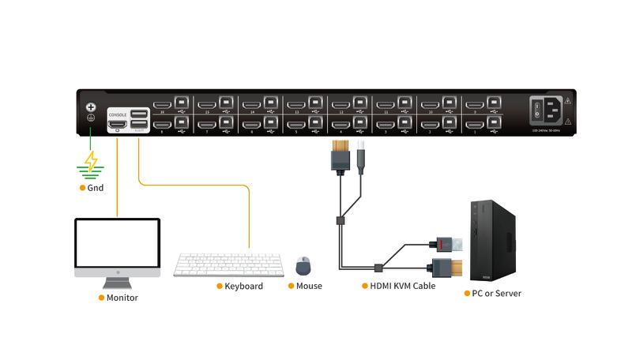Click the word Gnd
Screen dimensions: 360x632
point(96,188)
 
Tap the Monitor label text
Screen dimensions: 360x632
point(122,298)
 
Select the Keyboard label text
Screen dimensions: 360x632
point(243,286)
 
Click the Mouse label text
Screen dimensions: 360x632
point(309,286)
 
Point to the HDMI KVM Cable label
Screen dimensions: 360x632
point(403,286)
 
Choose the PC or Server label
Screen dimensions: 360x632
point(496,293)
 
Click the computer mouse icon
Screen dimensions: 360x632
point(303,265)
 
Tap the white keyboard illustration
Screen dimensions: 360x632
point(228,264)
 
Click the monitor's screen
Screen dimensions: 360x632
point(117,244)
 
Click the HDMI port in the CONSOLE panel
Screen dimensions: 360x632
point(118,124)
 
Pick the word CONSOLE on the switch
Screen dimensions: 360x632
point(118,114)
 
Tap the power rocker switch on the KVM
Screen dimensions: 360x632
point(539,109)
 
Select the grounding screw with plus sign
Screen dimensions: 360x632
point(91,107)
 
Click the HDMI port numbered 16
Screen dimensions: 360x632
point(162,104)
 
